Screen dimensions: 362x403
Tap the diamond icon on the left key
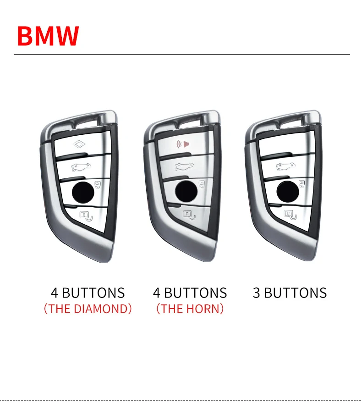tap(81, 144)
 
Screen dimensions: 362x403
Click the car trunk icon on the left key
tap(82, 167)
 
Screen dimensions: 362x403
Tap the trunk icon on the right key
tap(285, 167)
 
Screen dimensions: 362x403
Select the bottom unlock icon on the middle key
tap(188, 213)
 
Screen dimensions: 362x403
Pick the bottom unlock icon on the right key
tap(289, 213)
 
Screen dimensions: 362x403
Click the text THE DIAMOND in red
tap(88, 309)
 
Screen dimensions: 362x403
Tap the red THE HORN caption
tap(190, 309)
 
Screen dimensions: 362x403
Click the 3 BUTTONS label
tap(290, 293)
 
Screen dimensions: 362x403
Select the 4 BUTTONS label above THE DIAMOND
tap(88, 293)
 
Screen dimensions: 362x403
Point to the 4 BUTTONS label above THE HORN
tap(190, 293)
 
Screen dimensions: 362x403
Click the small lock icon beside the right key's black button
tap(302, 184)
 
